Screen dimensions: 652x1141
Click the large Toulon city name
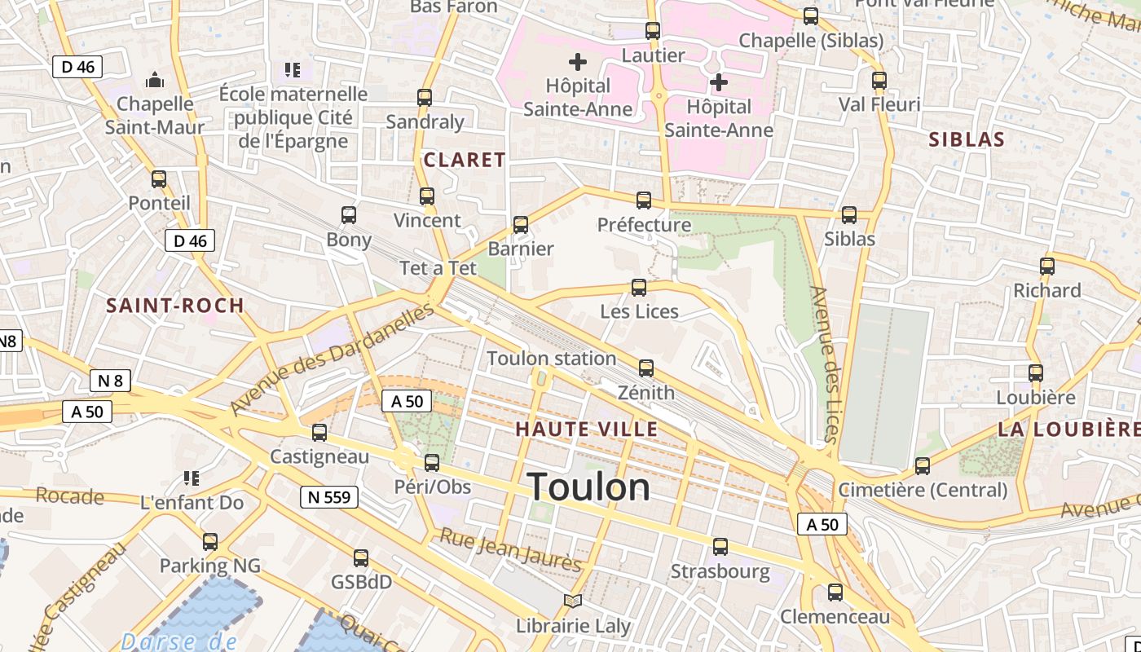click(588, 487)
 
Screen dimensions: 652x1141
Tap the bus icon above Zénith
click(646, 368)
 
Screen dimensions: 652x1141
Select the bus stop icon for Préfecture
click(644, 200)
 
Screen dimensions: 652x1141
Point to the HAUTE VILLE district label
click(587, 429)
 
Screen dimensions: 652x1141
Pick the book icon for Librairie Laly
click(573, 601)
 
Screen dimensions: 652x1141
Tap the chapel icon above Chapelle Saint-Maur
click(155, 80)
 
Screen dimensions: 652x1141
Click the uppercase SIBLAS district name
click(967, 139)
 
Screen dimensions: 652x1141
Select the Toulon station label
click(551, 359)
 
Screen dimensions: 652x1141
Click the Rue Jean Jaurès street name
click(510, 549)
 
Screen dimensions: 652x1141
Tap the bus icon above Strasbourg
click(720, 547)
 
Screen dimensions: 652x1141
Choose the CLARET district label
click(465, 160)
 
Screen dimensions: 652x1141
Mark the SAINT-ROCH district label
click(175, 306)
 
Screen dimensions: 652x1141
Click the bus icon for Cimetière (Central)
click(923, 466)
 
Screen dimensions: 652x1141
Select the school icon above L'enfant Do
click(192, 478)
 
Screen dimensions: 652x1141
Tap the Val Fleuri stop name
click(879, 104)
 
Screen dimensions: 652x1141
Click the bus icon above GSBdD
click(361, 558)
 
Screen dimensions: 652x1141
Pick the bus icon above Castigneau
click(319, 433)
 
